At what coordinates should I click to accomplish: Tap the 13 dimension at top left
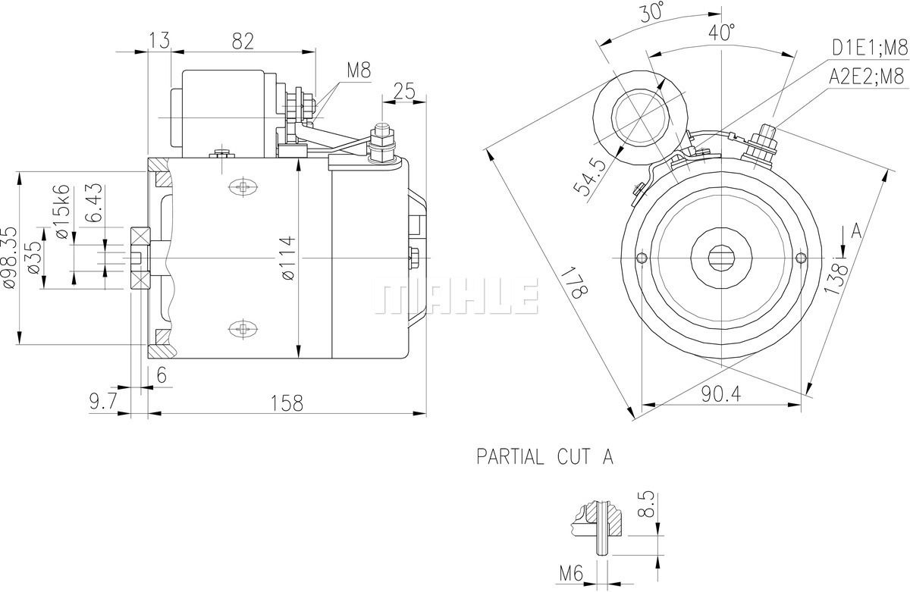160,41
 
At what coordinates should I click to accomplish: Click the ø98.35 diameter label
8,258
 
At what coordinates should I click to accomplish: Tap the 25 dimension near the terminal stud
405,92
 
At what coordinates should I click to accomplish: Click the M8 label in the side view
359,70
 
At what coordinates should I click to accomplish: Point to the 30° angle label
651,12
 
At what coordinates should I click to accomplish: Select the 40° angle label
722,33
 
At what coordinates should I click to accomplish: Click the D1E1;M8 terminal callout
868,47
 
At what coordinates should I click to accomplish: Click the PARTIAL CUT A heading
544,456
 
